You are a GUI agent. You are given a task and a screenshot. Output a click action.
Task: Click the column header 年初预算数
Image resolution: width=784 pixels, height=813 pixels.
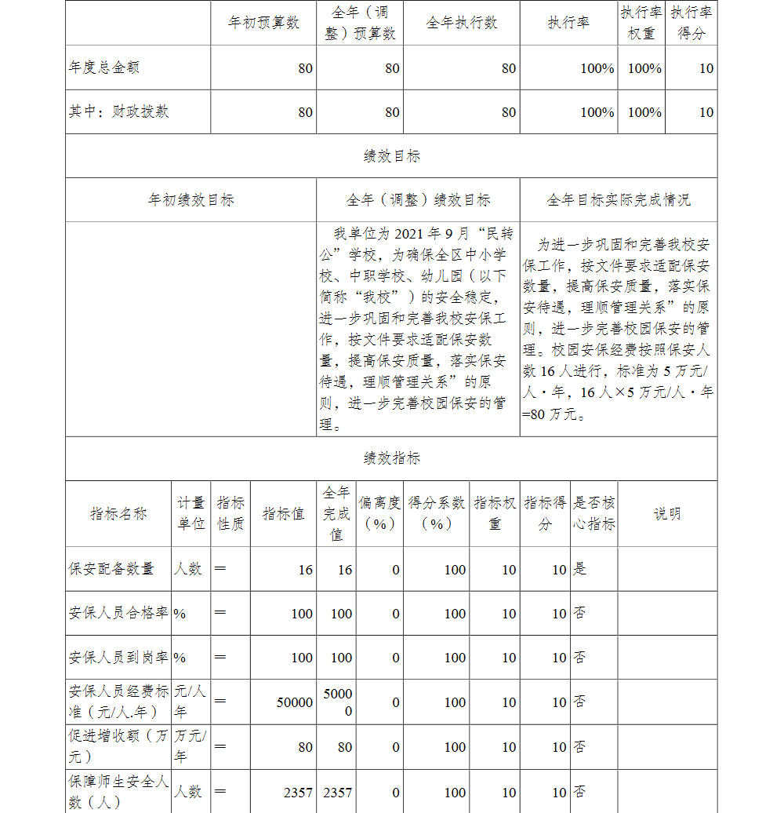pyautogui.click(x=263, y=23)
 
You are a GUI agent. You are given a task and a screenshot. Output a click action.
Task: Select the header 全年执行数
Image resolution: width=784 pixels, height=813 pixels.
pyautogui.click(x=461, y=23)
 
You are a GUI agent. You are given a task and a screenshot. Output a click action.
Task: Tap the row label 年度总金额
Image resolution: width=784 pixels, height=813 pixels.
pyautogui.click(x=103, y=67)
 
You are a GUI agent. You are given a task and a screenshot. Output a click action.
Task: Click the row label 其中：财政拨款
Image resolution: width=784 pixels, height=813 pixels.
pyautogui.click(x=118, y=111)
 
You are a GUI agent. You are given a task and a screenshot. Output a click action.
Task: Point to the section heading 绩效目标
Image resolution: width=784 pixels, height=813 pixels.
pyautogui.click(x=391, y=156)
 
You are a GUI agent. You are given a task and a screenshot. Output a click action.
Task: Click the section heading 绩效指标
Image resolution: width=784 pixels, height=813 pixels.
pyautogui.click(x=391, y=458)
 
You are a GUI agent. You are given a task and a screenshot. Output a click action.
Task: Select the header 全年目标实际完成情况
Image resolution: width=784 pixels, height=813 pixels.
pyautogui.click(x=618, y=200)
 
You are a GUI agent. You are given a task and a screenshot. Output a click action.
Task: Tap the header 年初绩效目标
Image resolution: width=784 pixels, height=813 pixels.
pyautogui.click(x=191, y=200)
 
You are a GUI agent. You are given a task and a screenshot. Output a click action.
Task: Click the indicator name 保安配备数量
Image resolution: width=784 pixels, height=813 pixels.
pyautogui.click(x=111, y=569)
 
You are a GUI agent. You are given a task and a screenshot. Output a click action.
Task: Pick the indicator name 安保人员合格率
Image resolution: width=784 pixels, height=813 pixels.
pyautogui.click(x=118, y=613)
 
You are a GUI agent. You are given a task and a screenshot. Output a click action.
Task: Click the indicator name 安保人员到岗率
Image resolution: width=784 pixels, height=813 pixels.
pyautogui.click(x=118, y=658)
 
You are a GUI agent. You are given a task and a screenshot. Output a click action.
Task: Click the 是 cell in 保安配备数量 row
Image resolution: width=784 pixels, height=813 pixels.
pyautogui.click(x=579, y=569)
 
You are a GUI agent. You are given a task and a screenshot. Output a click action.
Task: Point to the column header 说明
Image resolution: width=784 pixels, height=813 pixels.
pyautogui.click(x=667, y=514)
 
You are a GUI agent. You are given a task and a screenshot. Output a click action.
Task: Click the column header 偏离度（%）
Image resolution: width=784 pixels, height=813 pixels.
pyautogui.click(x=379, y=513)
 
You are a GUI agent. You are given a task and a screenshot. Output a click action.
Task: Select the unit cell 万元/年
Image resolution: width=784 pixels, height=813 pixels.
pyautogui.click(x=191, y=746)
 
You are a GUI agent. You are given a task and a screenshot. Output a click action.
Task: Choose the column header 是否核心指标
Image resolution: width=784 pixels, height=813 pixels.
pyautogui.click(x=594, y=513)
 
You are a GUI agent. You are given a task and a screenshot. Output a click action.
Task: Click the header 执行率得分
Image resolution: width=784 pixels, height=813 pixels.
pyautogui.click(x=691, y=23)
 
